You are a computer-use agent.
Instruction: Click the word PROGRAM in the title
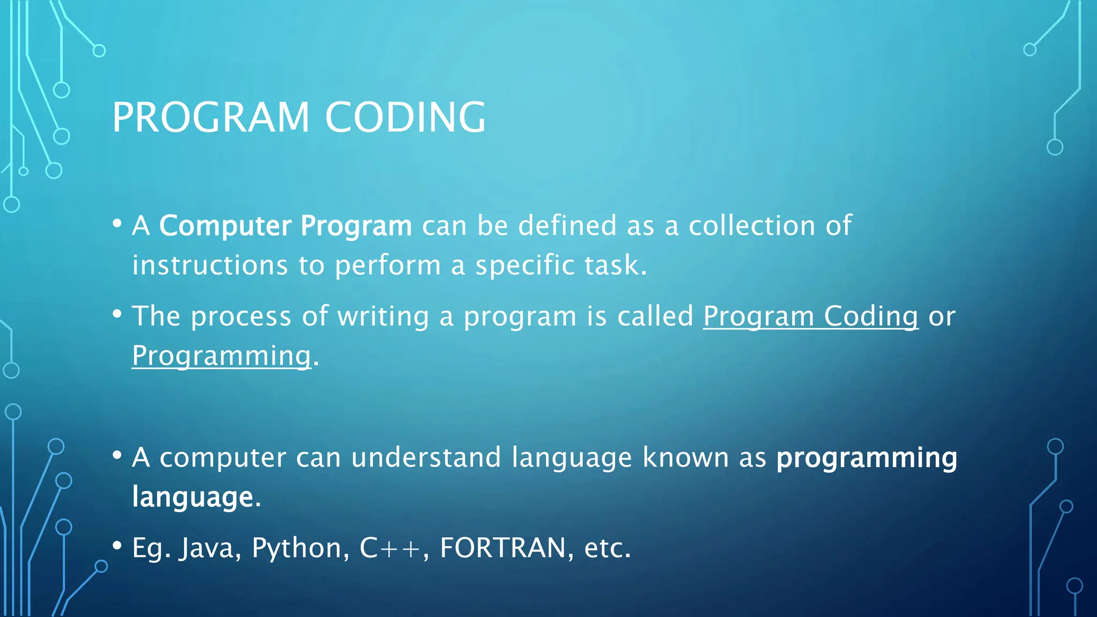211,117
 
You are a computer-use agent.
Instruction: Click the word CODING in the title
405,117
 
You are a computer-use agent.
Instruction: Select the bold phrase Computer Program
285,225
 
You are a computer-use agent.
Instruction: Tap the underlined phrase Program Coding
810,316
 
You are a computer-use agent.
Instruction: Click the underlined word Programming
221,356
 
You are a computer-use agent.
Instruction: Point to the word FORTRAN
502,548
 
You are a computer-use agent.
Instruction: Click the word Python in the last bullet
296,548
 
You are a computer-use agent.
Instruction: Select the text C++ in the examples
390,548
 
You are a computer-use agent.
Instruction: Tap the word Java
206,548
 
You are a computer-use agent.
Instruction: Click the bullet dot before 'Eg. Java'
117,546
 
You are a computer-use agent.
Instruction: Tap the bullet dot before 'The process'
117,314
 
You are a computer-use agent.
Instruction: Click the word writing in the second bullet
383,316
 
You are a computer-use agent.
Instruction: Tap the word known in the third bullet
685,457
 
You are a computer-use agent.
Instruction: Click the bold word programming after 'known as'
867,458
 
